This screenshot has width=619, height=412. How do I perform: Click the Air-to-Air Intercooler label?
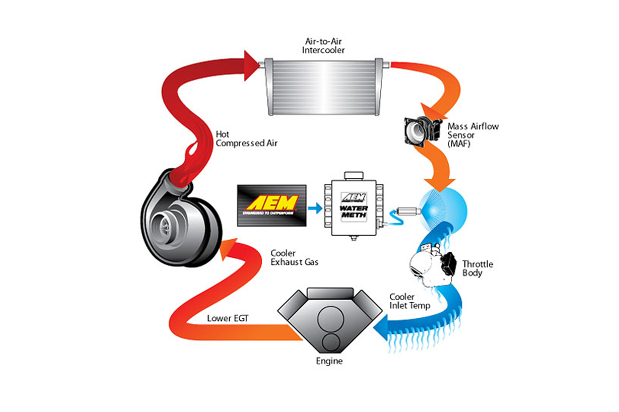tap(324, 46)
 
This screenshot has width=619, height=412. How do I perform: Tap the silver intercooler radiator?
tap(323, 87)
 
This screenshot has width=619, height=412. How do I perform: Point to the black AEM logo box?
tap(272, 205)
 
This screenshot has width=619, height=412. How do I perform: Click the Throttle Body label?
tap(478, 268)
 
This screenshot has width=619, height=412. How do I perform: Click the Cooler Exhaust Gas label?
tap(294, 257)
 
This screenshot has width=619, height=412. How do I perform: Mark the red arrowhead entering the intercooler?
tap(251, 65)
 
